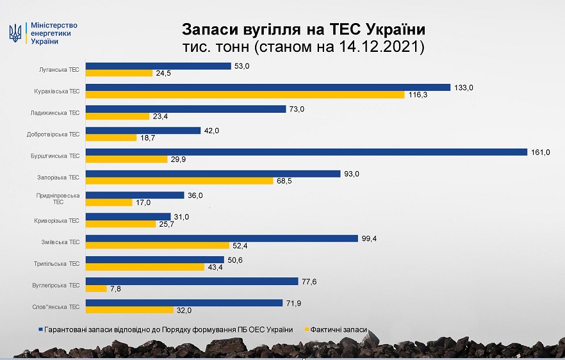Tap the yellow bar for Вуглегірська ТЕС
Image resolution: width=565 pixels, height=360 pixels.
pos(96,288)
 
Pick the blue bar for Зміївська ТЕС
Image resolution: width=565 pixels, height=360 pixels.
pos(222,238)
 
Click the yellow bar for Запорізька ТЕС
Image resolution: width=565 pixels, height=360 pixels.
pos(179,181)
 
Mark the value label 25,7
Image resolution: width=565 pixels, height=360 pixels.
pos(167,224)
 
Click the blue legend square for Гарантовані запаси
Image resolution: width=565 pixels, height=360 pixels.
pos(40,330)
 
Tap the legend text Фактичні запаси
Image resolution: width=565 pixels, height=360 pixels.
pos(341,330)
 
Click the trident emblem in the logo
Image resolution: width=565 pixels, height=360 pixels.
pos(15,33)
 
